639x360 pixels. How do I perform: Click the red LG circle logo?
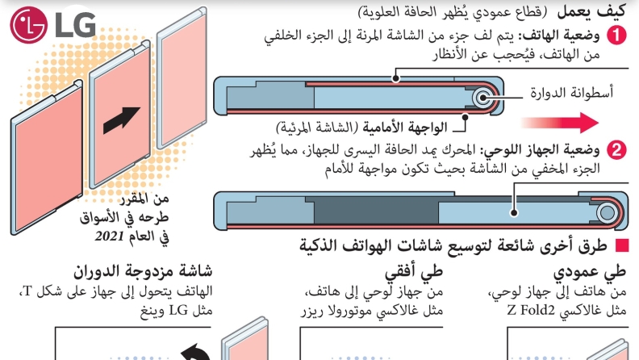(29, 25)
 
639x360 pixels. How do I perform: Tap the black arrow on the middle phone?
(121, 119)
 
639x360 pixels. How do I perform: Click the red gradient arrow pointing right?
(560, 123)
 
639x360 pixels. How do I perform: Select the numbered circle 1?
(616, 35)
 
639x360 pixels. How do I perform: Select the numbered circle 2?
(616, 150)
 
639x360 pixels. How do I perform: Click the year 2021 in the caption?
(109, 236)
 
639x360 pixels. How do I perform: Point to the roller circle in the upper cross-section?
(483, 98)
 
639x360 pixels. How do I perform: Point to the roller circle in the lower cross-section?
(608, 213)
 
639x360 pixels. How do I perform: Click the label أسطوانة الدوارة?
(571, 93)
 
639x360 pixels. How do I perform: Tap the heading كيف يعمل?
(591, 12)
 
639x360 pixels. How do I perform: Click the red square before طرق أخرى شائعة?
(622, 245)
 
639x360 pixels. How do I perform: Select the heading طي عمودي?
(589, 272)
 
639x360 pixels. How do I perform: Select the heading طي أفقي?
(414, 272)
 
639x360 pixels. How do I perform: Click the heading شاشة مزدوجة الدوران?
(143, 271)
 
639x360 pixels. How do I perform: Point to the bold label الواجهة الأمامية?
(405, 128)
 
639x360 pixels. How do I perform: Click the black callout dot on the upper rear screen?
(395, 78)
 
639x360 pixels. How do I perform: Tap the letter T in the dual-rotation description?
(27, 292)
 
